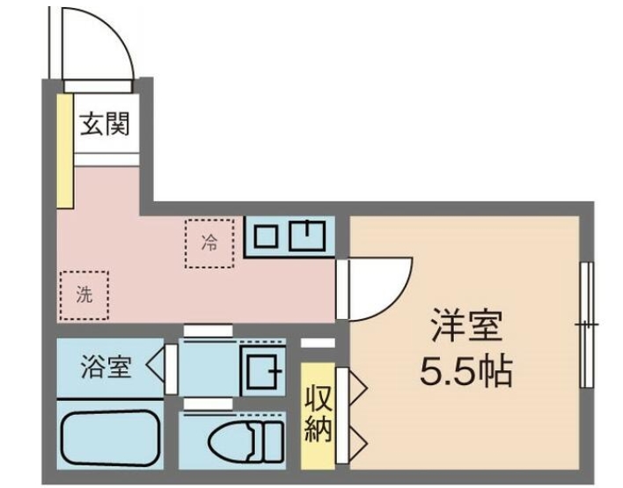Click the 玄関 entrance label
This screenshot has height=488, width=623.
[106, 125]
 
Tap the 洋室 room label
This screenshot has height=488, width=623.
[465, 327]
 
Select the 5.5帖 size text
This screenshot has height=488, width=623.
[465, 373]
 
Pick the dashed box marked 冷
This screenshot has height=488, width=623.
[210, 243]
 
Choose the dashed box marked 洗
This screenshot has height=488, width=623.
[84, 295]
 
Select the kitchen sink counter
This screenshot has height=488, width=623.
[289, 236]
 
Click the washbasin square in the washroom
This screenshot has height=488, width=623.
[262, 370]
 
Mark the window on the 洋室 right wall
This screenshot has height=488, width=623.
[585, 325]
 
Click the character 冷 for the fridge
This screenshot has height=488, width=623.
[209, 243]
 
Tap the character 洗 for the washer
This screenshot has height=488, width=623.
[84, 295]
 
